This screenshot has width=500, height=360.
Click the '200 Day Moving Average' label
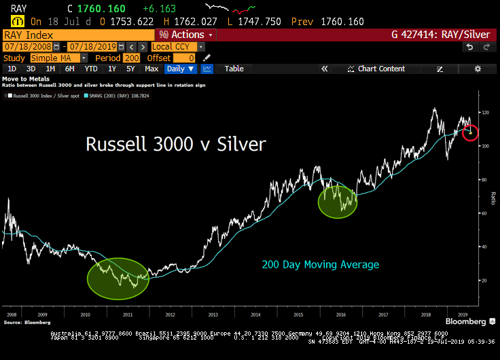(x=321, y=264)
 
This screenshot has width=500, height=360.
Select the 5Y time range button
(x=130, y=69)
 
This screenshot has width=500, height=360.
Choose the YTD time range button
(x=91, y=69)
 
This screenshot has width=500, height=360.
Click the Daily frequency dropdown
(x=181, y=69)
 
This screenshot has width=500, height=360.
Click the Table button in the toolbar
(x=234, y=69)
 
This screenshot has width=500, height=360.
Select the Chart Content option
(x=381, y=69)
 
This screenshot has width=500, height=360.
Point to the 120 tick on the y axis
(x=485, y=112)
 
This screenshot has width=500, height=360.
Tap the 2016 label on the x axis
(x=341, y=315)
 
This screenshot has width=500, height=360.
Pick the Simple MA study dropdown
(x=58, y=58)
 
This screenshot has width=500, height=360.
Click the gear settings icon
(x=478, y=69)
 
